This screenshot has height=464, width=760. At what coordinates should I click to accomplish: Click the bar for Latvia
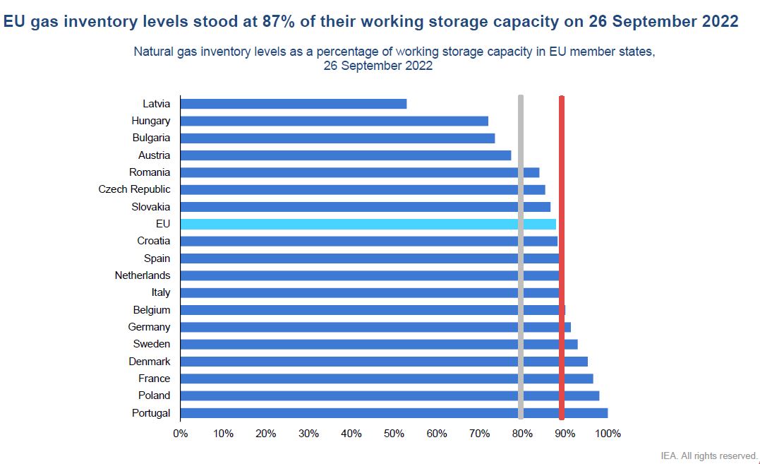pos(293,104)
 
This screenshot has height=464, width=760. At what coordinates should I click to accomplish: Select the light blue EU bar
pos(367,224)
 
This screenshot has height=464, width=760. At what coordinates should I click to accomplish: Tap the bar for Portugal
pos(393,413)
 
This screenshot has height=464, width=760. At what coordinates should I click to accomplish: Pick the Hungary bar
pos(334,121)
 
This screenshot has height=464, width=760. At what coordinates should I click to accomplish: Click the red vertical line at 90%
pos(562,258)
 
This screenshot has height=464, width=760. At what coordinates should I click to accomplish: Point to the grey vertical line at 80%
pos(521,258)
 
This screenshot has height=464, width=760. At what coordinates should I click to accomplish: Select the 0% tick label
pos(181,434)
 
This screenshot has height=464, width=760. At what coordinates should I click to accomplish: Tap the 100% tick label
pos(608,434)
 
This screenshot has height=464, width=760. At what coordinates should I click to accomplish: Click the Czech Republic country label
pos(134,189)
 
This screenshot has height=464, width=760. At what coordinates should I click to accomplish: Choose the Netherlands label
pos(143,275)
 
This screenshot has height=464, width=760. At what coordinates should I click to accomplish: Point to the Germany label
pos(149,327)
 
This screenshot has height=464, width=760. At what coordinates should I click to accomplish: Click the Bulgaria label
pos(151,138)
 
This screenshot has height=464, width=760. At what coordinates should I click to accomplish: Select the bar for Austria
pos(345,155)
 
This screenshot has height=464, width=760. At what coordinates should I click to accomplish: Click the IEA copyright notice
pos(708,456)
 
